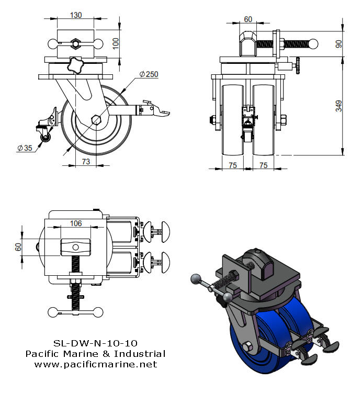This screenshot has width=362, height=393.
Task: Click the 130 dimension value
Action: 75,15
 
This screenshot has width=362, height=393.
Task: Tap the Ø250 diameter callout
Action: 148,74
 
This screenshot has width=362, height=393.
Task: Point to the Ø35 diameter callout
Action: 25,148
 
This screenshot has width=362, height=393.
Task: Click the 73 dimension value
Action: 85,162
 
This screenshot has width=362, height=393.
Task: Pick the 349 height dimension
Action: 339,106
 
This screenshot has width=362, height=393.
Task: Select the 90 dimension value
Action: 339,44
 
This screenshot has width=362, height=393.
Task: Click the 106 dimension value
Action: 75,223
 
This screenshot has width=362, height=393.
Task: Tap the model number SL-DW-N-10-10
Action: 95,344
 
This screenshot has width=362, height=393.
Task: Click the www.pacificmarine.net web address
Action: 95,364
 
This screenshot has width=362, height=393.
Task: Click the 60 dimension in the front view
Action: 248,19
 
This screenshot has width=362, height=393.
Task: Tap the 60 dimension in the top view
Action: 19,246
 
